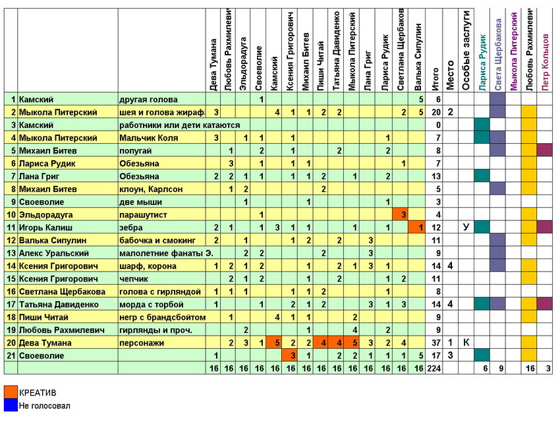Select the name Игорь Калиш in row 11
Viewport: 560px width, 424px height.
point(45,227)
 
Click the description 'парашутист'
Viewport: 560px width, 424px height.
point(144,214)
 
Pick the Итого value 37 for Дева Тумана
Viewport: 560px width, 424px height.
point(436,343)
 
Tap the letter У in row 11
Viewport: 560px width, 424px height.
point(466,227)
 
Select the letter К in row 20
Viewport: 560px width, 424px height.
point(466,343)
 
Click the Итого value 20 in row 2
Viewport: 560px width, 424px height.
point(436,111)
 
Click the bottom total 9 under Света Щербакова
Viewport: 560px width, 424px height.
point(499,369)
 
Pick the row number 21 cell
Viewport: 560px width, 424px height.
point(11,355)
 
